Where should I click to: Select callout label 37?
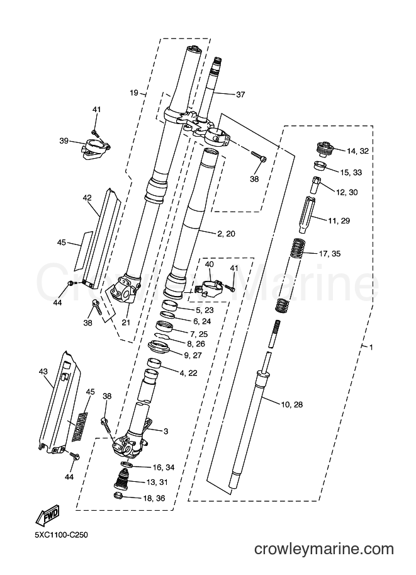pos(240,94)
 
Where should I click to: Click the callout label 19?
pos(134,93)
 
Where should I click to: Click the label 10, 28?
pos(292,404)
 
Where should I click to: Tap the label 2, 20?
pos(226,234)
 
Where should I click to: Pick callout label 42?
pos(87,198)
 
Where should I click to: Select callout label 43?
pos(43,372)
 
